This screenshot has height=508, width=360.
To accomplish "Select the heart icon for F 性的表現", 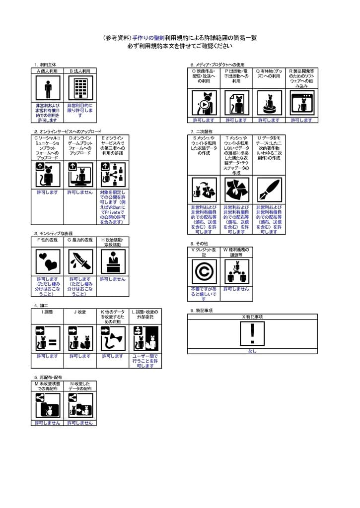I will coord(48,262).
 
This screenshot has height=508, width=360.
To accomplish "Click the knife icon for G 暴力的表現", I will coord(80,262).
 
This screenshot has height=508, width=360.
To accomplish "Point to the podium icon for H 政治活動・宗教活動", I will coord(113,262).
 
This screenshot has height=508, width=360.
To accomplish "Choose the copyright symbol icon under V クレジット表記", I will coord(204,272).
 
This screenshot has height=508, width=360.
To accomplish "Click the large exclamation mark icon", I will coord(252,334).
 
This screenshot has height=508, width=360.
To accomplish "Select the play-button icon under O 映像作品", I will coord(204,103).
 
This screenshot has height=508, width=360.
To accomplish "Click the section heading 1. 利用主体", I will coord(45,64).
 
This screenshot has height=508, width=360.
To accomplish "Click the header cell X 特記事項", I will coord(252,317).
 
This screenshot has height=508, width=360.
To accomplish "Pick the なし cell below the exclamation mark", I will coord(252,351).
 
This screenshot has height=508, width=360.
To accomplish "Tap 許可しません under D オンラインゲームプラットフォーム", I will coord(80,192).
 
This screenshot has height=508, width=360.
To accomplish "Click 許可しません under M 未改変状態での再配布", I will coord(48,423).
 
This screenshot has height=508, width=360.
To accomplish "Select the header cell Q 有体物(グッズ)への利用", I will coord(269,77).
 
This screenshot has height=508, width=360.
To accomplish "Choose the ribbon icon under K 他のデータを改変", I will coord(113,338).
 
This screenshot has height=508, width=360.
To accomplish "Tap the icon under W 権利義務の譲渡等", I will coord(236,272).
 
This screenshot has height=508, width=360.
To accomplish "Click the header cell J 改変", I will coord(80,312).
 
